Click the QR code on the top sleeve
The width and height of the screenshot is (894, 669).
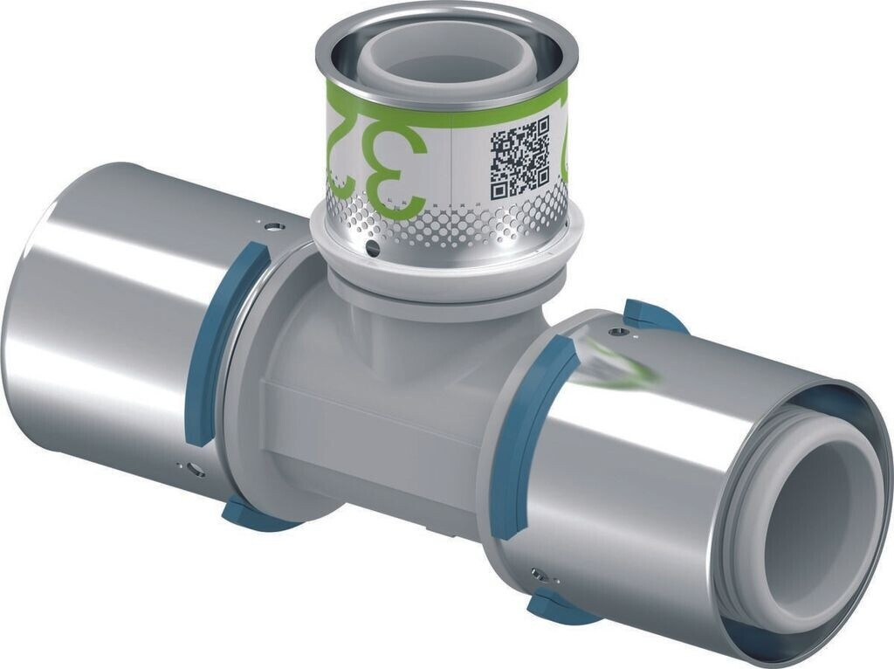(519, 158)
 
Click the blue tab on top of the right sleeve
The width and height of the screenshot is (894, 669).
(650, 316)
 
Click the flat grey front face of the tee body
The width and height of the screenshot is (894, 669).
(367, 428)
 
